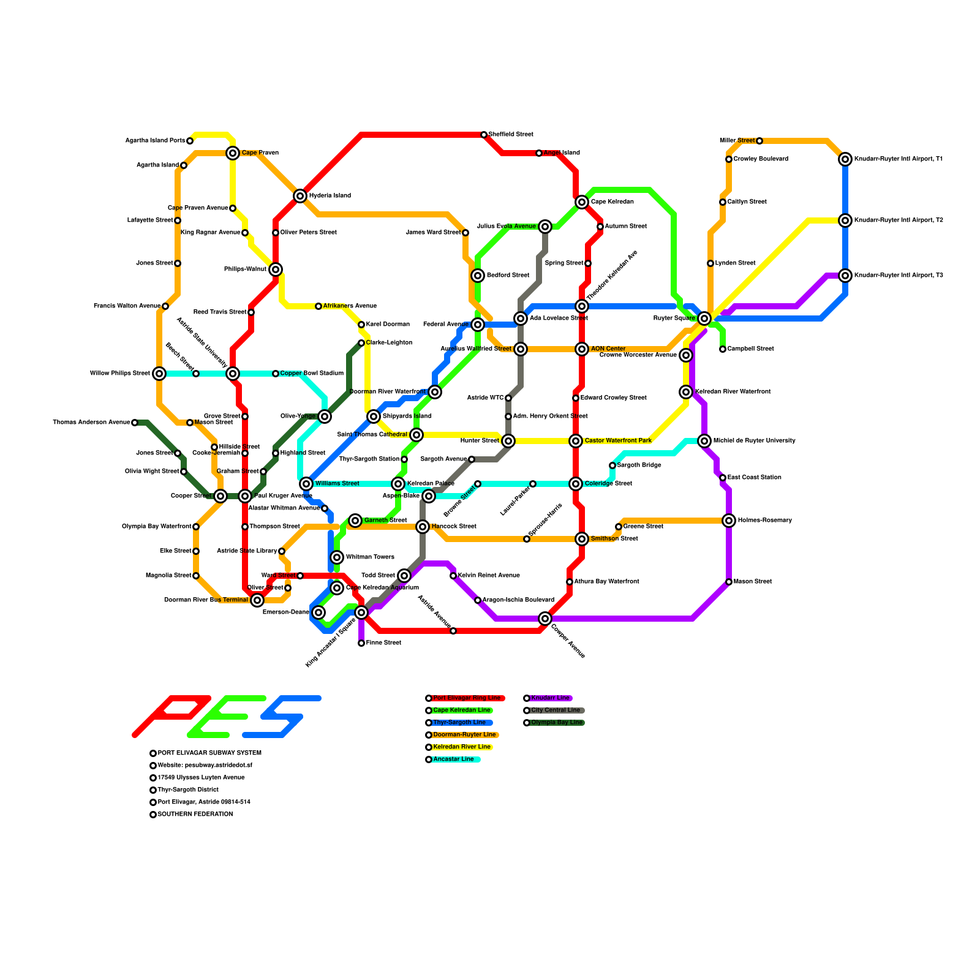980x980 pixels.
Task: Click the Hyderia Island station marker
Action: tap(300, 196)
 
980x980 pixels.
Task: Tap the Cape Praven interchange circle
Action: tap(233, 153)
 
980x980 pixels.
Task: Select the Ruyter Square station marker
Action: tap(704, 318)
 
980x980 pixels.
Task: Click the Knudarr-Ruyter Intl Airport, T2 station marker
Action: tap(845, 221)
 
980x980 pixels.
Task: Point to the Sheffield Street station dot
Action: tap(484, 135)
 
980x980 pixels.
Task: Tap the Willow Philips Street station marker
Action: tap(159, 374)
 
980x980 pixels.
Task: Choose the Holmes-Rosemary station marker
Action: tap(729, 521)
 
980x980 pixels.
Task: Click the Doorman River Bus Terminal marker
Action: tap(257, 600)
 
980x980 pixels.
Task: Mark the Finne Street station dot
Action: tap(361, 643)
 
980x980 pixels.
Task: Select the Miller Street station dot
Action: tap(759, 141)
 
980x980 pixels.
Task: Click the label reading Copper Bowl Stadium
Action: tap(312, 374)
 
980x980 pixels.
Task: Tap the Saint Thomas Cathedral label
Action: tap(372, 435)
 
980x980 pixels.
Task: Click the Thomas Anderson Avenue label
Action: tap(91, 423)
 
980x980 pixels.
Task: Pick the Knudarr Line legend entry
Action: tap(550, 698)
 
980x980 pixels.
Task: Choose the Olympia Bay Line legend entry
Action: tap(557, 723)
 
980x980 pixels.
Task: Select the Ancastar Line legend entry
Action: tap(453, 759)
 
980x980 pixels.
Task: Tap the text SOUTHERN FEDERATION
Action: tap(195, 815)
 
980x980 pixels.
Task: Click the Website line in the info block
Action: tap(205, 766)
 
